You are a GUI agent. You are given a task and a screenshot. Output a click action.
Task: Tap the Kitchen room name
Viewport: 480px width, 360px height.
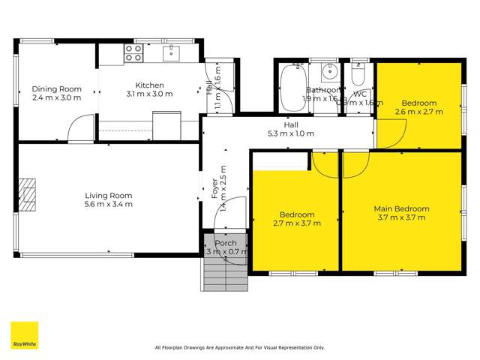click(150, 85)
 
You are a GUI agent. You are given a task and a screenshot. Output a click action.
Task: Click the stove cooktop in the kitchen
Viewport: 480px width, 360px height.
click(133, 52)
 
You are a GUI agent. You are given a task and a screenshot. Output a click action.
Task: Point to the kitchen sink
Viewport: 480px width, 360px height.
click(171, 52)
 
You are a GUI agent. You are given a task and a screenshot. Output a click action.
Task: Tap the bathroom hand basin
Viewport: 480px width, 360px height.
click(328, 73)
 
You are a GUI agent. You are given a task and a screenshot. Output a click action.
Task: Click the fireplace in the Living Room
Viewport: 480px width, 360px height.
click(28, 192)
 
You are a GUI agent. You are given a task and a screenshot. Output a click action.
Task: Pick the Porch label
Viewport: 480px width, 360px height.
click(226, 243)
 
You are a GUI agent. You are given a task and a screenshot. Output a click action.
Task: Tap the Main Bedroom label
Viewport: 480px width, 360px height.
click(401, 208)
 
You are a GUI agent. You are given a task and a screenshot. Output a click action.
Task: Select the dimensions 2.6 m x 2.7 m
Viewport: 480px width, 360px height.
click(418, 112)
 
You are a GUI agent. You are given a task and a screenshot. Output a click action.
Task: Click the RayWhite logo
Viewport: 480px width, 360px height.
click(24, 335)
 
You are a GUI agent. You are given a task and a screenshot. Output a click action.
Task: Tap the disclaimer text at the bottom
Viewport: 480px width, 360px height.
click(239, 347)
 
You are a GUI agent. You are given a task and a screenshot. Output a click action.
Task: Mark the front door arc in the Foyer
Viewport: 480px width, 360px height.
click(236, 210)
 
